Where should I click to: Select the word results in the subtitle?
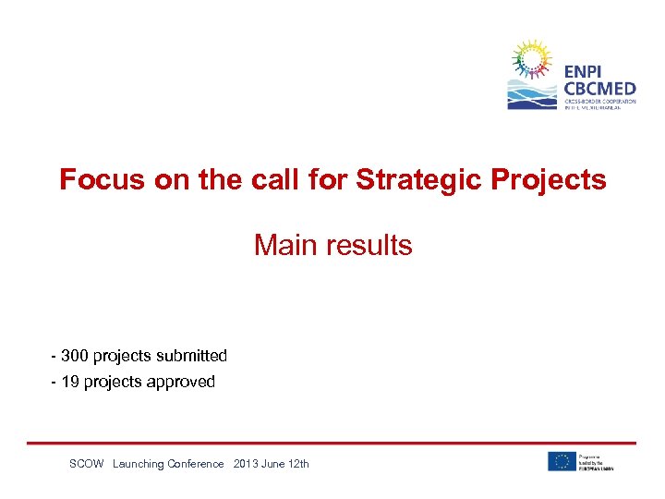(370, 245)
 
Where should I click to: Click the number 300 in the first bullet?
(75, 356)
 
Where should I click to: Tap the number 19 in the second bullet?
(70, 382)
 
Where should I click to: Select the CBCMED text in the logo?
(599, 89)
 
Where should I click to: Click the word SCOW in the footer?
(87, 464)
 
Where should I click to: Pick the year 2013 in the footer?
(248, 464)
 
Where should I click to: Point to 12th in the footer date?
(297, 464)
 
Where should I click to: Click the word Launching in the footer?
(138, 464)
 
